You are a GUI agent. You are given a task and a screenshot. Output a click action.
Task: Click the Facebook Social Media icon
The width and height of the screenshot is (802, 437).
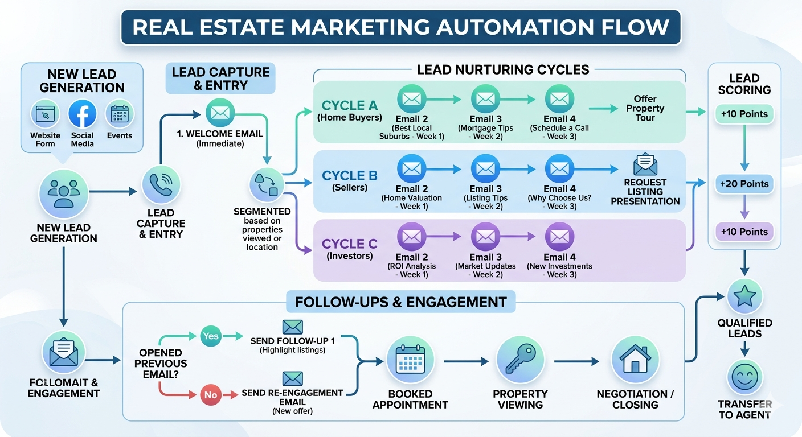[x=83, y=114]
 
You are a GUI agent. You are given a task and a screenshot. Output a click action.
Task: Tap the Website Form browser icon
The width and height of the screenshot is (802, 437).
[x=45, y=114]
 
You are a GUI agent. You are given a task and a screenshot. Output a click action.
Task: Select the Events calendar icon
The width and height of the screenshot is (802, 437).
[x=120, y=114]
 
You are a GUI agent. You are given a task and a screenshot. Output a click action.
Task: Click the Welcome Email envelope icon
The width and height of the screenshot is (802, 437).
[x=219, y=112]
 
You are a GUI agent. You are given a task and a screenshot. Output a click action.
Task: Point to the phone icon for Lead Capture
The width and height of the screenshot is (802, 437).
[x=161, y=184]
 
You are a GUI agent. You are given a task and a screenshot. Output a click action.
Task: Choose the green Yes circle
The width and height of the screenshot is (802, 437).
[x=210, y=336]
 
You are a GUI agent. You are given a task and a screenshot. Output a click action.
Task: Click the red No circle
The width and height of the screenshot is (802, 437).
[x=210, y=394]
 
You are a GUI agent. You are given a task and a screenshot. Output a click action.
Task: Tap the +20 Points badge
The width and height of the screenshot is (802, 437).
[x=744, y=184]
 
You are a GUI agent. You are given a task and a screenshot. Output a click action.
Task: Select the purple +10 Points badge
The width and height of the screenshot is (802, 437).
[x=744, y=232]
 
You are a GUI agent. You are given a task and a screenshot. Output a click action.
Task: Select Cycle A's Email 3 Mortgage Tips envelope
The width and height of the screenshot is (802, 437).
[x=485, y=99]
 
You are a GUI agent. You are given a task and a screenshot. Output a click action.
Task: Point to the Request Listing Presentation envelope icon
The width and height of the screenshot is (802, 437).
[x=645, y=164]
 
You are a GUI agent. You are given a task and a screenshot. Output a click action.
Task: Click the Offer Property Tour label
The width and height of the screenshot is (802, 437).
[x=645, y=108]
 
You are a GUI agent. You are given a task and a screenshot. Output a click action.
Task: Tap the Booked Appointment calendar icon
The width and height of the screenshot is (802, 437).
[x=410, y=360]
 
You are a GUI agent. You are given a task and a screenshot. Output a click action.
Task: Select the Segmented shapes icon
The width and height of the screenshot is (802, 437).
[x=267, y=184]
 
